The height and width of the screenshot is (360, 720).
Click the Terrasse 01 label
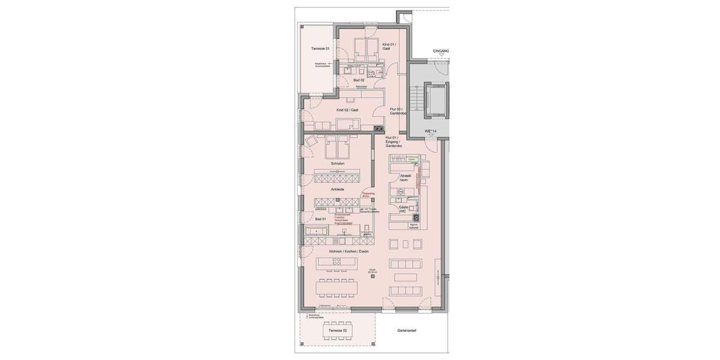tap(320, 49)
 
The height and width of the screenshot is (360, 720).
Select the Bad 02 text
tap(359, 80)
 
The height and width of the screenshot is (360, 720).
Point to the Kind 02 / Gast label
tap(347, 110)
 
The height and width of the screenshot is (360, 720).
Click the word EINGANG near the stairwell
tap(441, 52)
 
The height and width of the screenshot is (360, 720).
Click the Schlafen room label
tap(337, 163)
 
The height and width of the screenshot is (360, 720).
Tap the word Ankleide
tap(337, 189)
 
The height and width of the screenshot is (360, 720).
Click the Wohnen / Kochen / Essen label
tap(349, 251)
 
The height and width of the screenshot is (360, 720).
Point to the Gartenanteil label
tap(407, 331)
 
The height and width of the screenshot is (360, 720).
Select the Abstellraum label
tap(406, 178)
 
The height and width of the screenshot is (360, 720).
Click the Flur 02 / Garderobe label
tap(398, 111)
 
